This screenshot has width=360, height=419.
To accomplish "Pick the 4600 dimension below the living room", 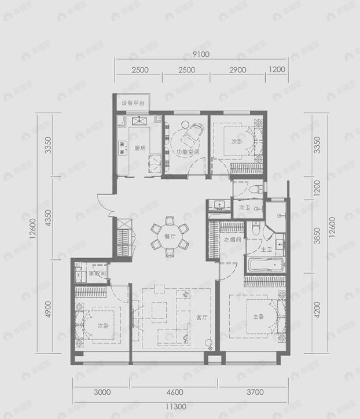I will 174,392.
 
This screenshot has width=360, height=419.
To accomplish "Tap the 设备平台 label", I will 133,104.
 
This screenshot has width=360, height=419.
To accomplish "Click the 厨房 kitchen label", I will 139,148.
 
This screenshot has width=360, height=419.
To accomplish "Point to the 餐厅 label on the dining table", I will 170,236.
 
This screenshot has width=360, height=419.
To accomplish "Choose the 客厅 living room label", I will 201,317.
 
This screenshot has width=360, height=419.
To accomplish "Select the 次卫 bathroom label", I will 244,207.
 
